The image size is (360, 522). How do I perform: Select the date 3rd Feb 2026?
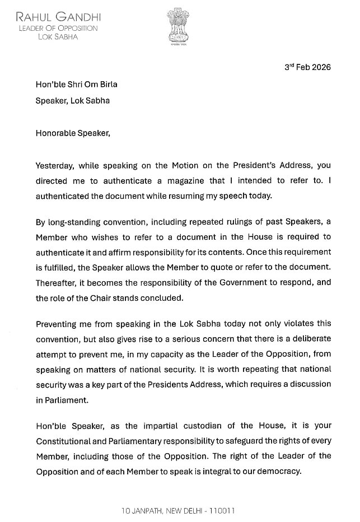[307, 67]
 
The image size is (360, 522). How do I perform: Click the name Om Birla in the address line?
[100, 85]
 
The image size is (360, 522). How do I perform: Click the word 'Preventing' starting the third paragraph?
[57, 323]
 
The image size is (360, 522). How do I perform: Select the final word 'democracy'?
[276, 471]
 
